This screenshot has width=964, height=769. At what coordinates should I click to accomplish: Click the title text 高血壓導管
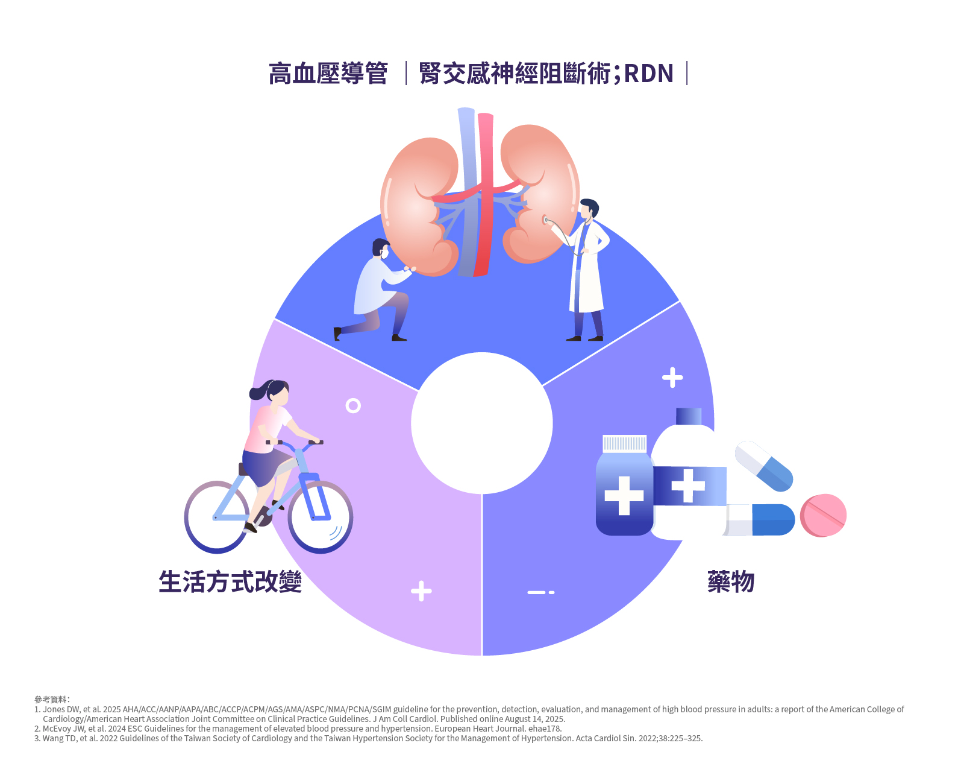point(328,74)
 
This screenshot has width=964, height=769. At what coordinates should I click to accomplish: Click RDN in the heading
point(648,74)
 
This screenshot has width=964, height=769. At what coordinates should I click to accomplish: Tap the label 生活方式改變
point(230,582)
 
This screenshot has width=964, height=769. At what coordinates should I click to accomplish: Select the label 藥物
point(731,582)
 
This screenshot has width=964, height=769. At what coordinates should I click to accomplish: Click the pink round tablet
point(823,515)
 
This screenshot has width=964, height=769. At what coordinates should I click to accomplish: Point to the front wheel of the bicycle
point(320,517)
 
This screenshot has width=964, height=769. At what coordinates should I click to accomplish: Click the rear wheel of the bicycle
point(216,517)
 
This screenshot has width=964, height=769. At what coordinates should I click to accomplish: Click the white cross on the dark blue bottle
point(624,496)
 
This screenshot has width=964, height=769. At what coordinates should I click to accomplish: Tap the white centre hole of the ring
point(482,423)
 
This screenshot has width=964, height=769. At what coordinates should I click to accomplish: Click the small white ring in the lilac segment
point(353,405)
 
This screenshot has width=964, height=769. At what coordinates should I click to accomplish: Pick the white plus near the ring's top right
point(672,378)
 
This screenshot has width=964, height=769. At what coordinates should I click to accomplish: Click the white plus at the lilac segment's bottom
point(421,591)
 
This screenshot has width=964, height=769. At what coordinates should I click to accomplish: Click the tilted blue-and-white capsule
point(764,465)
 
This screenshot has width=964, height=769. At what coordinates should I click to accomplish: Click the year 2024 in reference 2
point(117,729)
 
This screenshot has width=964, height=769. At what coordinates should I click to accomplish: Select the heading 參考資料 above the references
point(51,700)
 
